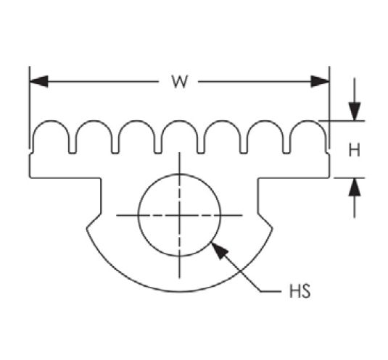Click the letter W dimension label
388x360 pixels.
(180, 82)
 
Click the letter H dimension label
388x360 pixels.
(354, 150)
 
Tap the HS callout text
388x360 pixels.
(300, 291)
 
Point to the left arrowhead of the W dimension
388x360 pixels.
(38, 81)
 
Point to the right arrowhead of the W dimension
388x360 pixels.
(321, 81)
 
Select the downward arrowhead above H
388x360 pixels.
(355, 112)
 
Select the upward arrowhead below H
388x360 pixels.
(355, 187)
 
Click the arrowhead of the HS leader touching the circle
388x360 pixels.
(220, 251)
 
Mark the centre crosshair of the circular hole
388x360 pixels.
(179, 215)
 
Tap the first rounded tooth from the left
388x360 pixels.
(51, 121)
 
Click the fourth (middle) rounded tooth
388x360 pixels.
(180, 121)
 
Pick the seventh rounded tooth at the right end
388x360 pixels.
(308, 121)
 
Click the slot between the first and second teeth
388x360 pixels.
(73, 152)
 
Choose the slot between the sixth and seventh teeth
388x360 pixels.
(286, 152)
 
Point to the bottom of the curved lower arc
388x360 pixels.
(180, 292)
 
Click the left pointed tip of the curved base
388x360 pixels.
(87, 228)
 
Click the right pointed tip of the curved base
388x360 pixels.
(272, 228)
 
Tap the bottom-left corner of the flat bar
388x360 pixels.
(30, 177)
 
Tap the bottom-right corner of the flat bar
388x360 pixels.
(329, 177)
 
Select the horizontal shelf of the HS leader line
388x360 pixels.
(271, 292)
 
